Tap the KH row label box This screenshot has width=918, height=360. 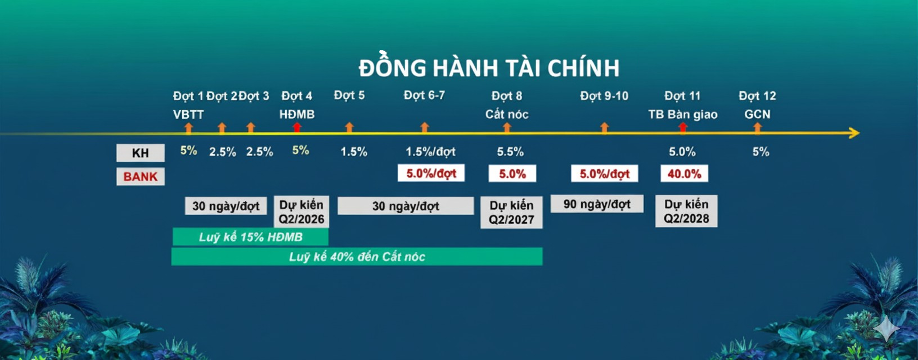[141, 153]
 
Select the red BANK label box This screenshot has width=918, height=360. [141, 177]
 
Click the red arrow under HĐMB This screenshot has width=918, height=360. [297, 128]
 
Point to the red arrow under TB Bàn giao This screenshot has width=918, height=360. [683, 128]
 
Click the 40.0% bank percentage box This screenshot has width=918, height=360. [685, 174]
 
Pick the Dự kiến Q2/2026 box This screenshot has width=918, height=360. [301, 211]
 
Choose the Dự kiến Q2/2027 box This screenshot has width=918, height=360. [511, 213]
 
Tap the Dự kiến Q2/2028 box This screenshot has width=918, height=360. [686, 211]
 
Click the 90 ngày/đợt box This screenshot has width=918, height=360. [597, 204]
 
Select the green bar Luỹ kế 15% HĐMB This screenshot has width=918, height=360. [250, 237]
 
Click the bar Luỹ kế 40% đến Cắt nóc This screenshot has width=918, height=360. [357, 256]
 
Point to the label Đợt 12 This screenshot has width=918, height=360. [757, 96]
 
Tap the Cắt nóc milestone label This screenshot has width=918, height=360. [507, 114]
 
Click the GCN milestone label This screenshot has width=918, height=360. [757, 114]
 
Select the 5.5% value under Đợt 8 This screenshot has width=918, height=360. [510, 152]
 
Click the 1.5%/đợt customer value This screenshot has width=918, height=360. [430, 152]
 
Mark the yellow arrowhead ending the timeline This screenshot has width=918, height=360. [854, 133]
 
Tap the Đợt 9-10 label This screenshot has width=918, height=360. [604, 96]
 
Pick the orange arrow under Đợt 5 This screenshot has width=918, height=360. [349, 128]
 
